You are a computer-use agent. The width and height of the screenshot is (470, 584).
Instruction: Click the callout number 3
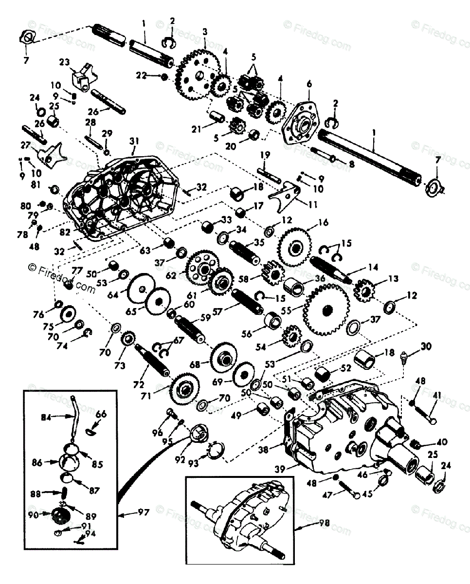click(205, 32)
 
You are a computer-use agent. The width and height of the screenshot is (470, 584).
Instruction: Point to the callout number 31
click(134, 141)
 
